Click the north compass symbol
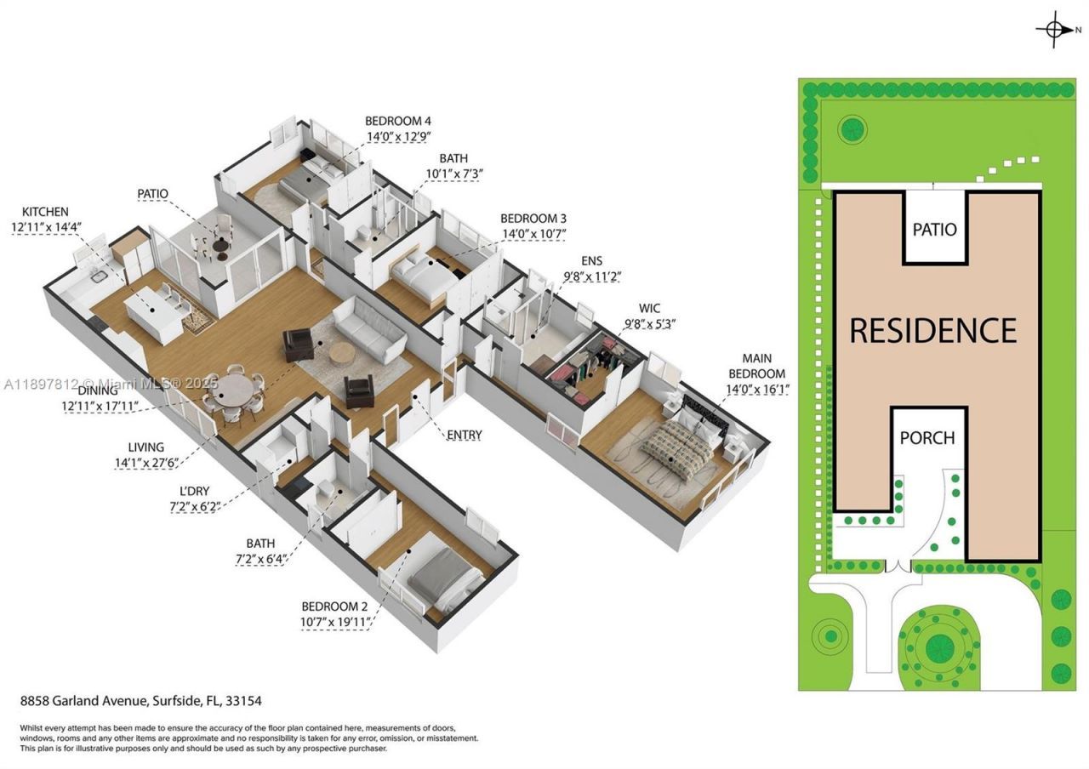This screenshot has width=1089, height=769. [x=1055, y=29]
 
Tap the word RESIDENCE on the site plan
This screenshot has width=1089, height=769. [x=933, y=330]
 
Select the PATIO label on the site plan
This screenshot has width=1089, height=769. [x=934, y=230]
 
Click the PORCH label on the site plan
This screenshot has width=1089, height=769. [x=927, y=438]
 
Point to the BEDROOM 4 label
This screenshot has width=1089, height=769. [x=403, y=122]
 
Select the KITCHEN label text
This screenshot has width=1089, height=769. [x=45, y=212]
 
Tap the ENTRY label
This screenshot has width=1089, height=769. [x=464, y=436]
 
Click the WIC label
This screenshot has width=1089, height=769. [x=650, y=308]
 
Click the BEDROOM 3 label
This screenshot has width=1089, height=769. [x=533, y=219]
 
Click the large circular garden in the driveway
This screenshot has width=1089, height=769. [x=938, y=647]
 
